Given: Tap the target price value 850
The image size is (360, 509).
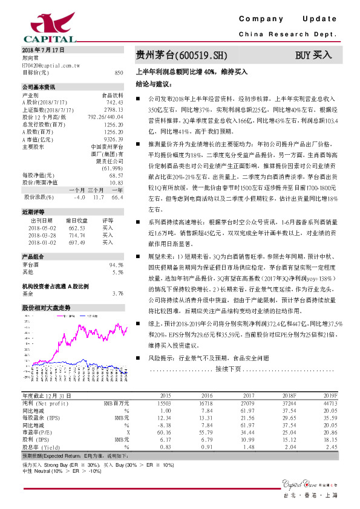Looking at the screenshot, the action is tap(119, 72).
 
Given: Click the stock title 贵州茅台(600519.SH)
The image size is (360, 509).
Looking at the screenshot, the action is tap(182, 55).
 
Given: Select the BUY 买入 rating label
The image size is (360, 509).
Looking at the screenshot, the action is tap(313, 55).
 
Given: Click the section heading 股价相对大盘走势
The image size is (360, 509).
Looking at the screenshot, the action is tap(47, 308).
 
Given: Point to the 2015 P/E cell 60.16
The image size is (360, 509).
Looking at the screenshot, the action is tap(164, 432).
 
